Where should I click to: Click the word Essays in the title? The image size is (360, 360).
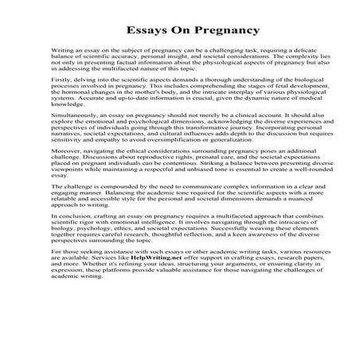[x=147, y=32]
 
